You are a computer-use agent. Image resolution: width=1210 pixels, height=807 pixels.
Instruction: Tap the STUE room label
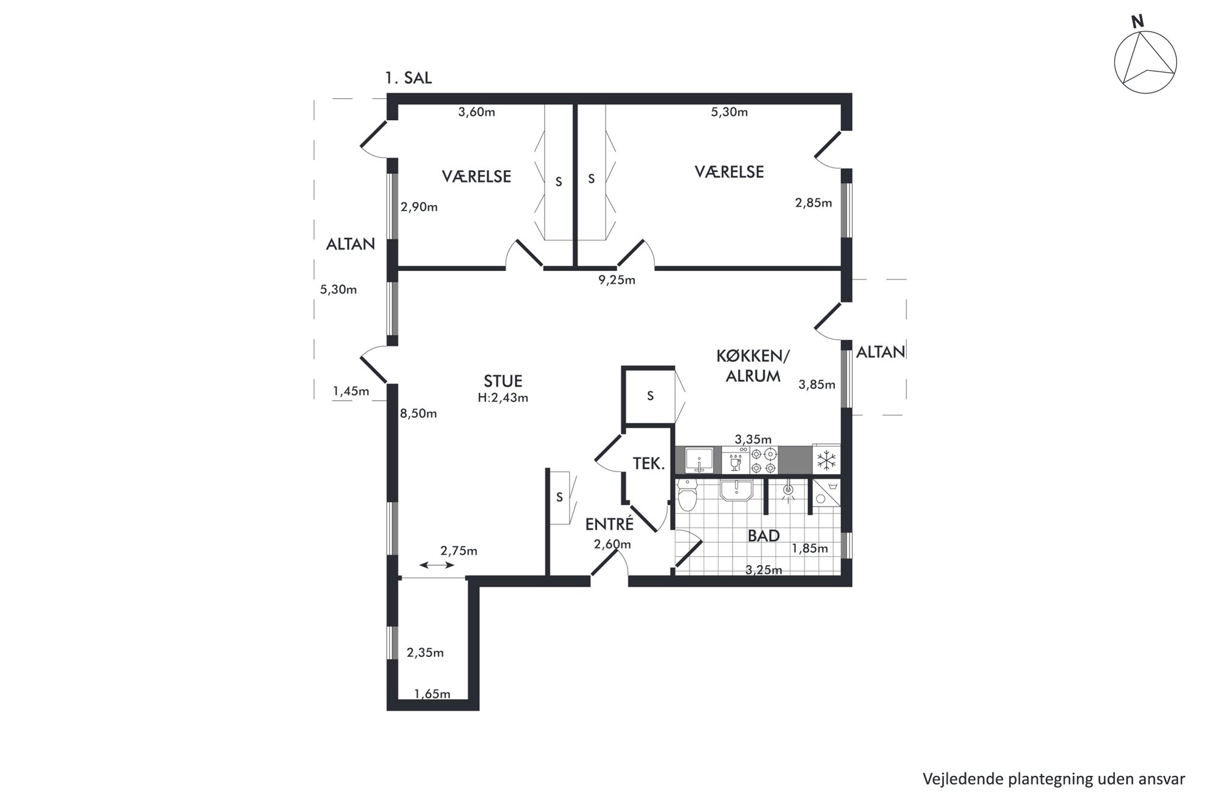(x=503, y=381)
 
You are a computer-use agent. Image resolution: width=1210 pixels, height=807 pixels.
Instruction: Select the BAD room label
(x=764, y=536)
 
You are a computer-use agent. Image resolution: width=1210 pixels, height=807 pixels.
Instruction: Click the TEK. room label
(x=648, y=464)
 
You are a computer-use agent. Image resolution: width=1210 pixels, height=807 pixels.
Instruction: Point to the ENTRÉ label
(x=609, y=523)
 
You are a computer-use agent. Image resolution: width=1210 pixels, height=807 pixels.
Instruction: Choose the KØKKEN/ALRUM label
(x=753, y=365)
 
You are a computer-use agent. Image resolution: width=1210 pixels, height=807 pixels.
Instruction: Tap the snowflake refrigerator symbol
(x=826, y=460)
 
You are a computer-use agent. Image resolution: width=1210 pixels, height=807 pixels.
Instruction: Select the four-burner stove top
(x=764, y=461)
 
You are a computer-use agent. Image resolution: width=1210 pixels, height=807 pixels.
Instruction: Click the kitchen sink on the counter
(x=698, y=460)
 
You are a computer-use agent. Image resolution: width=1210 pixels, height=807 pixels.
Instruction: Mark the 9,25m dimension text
(x=617, y=280)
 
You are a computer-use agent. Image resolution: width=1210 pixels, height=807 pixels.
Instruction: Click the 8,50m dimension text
(x=418, y=414)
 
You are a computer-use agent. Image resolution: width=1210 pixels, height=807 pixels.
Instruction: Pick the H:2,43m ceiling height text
(x=503, y=398)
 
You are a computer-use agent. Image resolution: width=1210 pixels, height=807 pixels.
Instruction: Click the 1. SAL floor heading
(x=408, y=78)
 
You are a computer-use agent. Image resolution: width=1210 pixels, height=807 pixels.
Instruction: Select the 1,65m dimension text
(x=432, y=694)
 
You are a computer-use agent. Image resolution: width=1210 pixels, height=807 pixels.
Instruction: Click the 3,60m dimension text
(x=476, y=112)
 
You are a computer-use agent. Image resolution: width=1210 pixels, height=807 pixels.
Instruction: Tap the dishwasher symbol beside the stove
(x=736, y=461)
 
